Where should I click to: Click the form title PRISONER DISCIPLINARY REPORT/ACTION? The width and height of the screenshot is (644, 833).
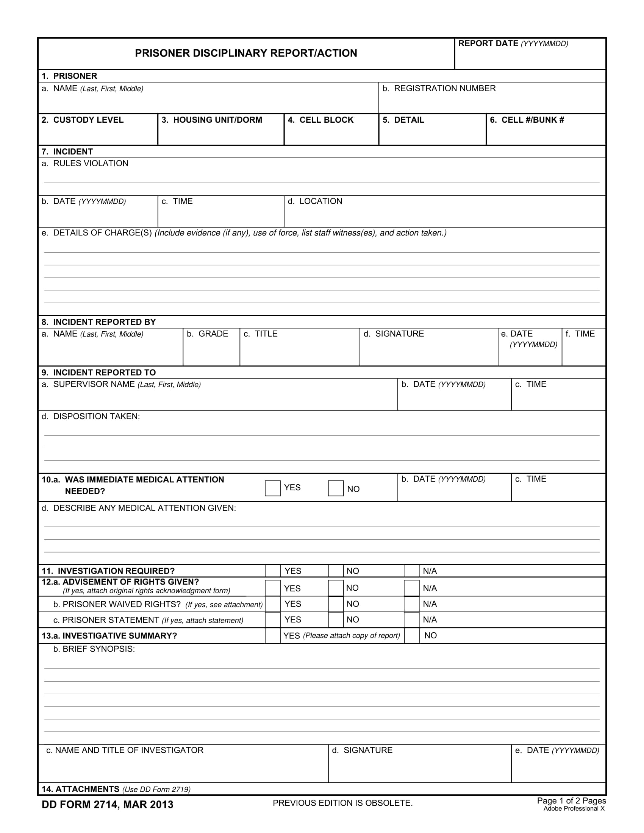pos(246,53)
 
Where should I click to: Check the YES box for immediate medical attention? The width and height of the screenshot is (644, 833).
pos(273,488)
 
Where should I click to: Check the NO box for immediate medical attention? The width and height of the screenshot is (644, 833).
pos(336,488)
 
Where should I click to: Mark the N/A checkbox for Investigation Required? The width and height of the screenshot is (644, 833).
pos(412,571)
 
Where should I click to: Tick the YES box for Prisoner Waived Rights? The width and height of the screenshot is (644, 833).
pos(273,604)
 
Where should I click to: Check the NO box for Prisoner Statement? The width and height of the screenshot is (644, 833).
pos(336,620)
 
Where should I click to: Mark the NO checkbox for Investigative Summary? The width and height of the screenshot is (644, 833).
pos(412,636)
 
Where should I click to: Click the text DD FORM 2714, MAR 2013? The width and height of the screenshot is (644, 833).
pos(108,805)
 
